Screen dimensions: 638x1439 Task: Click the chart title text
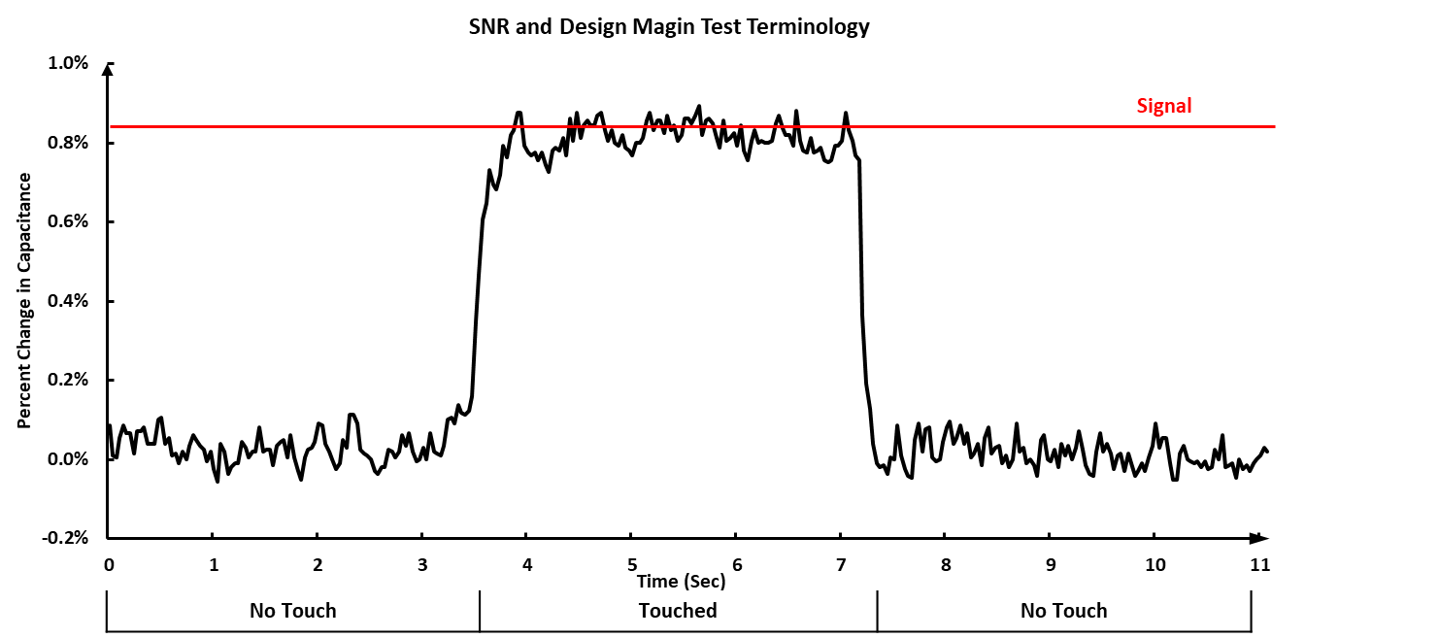click(x=669, y=27)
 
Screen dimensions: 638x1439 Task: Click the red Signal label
click(x=1163, y=106)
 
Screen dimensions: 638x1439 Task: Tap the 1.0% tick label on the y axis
click(x=68, y=64)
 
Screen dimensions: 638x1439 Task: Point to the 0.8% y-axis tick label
click(x=68, y=143)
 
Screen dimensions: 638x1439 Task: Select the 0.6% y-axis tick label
click(x=68, y=221)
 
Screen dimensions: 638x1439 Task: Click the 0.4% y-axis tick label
click(x=68, y=301)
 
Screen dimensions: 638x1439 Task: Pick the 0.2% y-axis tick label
click(x=68, y=380)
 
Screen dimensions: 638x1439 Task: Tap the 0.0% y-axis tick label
click(x=68, y=459)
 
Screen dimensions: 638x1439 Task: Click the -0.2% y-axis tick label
click(x=65, y=538)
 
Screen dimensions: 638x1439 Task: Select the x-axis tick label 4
click(x=526, y=564)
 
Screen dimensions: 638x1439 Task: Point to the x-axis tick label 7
click(x=841, y=564)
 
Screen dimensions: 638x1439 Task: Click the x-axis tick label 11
click(x=1259, y=564)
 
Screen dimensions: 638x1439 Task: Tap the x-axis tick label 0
click(x=108, y=564)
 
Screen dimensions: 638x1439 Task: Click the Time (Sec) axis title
click(x=681, y=582)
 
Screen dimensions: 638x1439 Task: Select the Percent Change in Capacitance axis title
click(x=24, y=301)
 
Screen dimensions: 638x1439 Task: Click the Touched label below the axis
click(x=678, y=611)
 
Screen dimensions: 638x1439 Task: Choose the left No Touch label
click(x=292, y=611)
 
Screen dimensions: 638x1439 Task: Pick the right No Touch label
click(x=1063, y=611)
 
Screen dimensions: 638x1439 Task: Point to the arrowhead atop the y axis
click(x=108, y=68)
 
